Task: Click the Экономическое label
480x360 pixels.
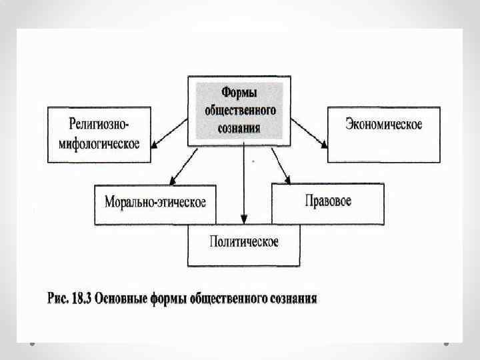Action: pos(384,125)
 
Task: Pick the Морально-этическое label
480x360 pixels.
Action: pos(155,201)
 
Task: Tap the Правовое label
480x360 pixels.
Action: pos(327,200)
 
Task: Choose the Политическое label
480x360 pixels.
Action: pos(244,241)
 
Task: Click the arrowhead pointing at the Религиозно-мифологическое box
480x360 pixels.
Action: pos(155,145)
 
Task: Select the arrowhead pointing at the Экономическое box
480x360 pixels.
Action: pos(323,143)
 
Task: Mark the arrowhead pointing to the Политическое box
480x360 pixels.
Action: pos(244,219)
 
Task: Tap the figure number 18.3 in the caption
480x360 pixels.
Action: pos(83,298)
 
